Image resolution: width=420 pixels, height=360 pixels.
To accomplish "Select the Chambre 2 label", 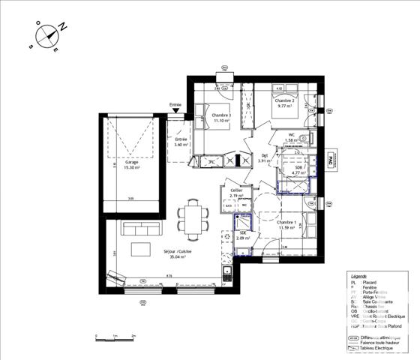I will coord(284,100).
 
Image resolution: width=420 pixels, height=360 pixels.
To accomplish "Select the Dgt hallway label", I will coord(264,157).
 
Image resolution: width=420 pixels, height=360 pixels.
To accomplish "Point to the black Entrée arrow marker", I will coord(176,112).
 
